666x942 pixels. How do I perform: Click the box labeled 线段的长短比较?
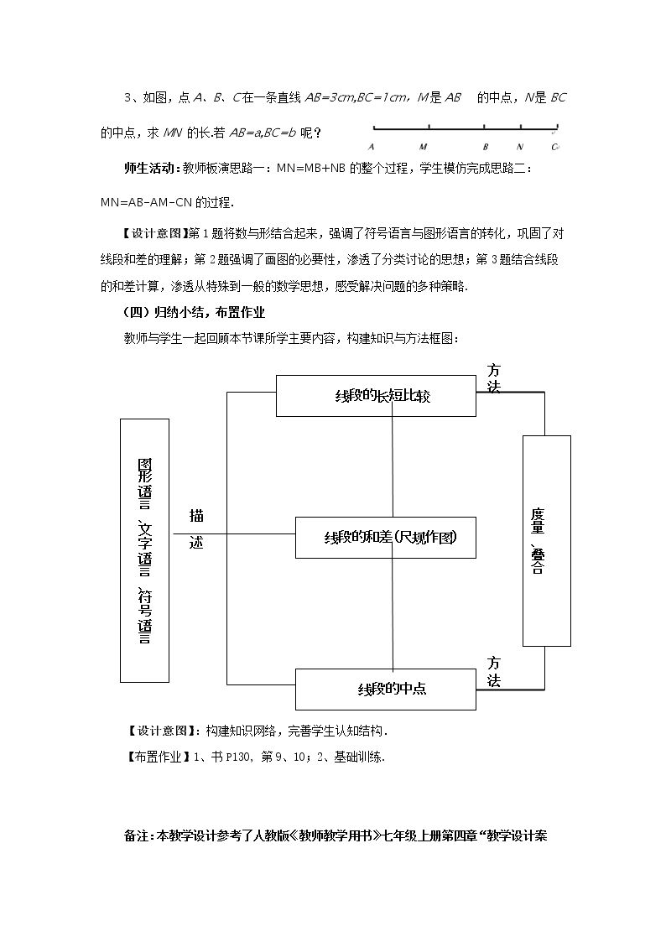(376, 396)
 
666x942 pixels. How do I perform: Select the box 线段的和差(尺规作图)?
(386, 537)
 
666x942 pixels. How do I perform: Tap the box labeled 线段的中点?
(386, 689)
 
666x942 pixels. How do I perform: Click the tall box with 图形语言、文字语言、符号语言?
(145, 550)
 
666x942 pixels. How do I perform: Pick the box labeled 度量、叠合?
(547, 541)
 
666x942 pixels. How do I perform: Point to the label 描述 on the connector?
(196, 528)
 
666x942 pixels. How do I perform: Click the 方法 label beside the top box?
(494, 378)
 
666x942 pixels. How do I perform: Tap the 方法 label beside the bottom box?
(494, 672)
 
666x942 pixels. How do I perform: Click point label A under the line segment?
(371, 147)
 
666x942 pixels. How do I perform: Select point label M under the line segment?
(424, 147)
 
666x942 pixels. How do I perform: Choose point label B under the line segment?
(485, 147)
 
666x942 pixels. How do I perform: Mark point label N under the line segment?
(520, 147)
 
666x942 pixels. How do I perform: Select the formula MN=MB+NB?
(311, 169)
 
